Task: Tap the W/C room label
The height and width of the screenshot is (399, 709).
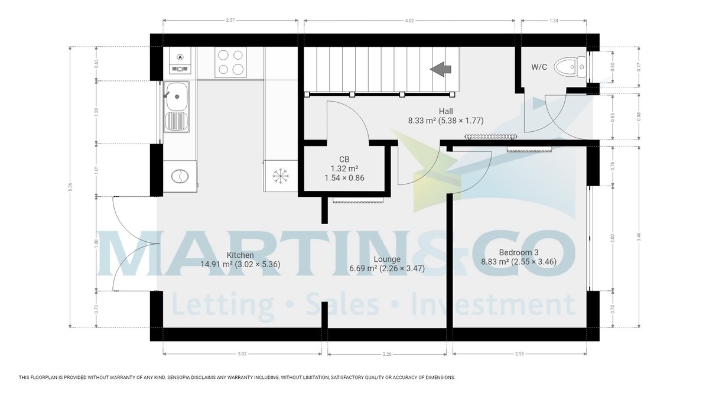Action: click(538, 67)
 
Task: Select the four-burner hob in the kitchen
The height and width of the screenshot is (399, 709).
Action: click(230, 62)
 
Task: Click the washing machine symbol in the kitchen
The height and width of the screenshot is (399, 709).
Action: click(178, 176)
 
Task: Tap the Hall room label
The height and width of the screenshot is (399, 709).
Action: click(445, 111)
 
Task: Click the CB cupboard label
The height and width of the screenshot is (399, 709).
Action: click(345, 159)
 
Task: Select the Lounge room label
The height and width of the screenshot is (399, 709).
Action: click(386, 259)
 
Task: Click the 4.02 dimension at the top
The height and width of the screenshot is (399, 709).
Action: click(409, 21)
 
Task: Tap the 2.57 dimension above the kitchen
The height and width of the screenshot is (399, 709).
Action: click(230, 21)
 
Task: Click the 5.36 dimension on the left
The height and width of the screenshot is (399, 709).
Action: click(70, 187)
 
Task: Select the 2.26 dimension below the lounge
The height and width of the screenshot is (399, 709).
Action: click(386, 355)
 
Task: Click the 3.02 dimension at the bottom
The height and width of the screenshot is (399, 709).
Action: click(242, 355)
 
